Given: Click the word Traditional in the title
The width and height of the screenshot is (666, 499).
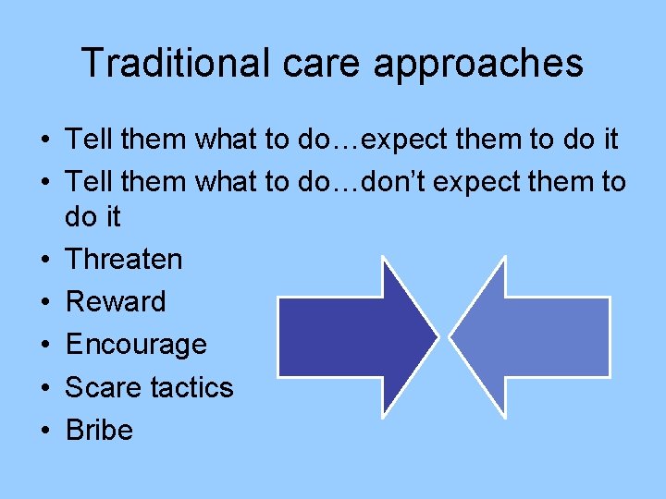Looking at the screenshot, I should pos(172,63).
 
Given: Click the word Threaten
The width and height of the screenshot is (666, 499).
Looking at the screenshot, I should pos(123,259).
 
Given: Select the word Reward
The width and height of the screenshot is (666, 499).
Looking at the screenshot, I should pos(116,301).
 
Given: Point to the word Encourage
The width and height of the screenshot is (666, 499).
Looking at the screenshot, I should pos(135,345).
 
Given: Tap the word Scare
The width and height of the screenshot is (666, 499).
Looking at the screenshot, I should pos(96,387).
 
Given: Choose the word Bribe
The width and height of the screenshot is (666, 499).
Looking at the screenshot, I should pos(99,430).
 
